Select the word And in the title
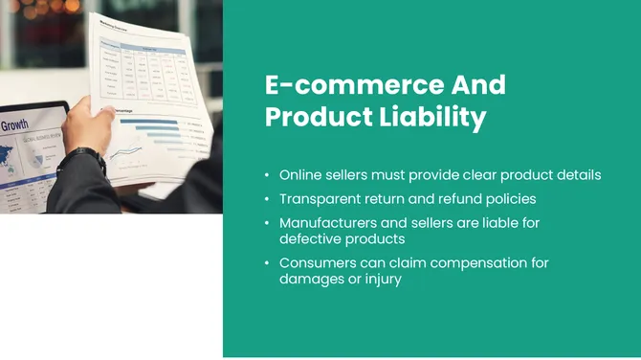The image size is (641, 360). coord(477,84)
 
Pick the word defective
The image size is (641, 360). coord(308,238)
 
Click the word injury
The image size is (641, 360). coord(380,279)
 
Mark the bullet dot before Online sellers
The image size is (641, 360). coord(267,176)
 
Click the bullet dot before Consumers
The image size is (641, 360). coord(267,263)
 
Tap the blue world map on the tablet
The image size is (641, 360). coord(19,158)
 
